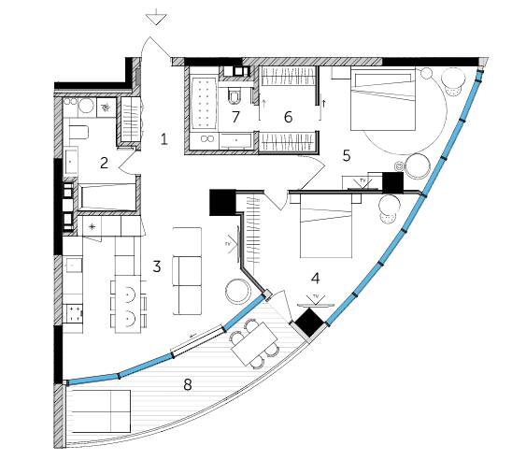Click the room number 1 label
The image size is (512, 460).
pyautogui.click(x=164, y=139)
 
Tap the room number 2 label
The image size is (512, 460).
pyautogui.click(x=104, y=163)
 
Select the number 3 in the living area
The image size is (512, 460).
pyautogui.click(x=157, y=266)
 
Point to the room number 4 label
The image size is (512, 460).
pyautogui.click(x=316, y=278)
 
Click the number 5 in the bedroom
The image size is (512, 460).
pyautogui.click(x=347, y=155)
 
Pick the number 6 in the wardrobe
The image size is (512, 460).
pyautogui.click(x=288, y=117)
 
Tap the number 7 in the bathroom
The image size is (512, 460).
pyautogui.click(x=235, y=117)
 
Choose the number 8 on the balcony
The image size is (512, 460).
pyautogui.click(x=188, y=384)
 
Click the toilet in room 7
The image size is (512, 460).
pyautogui.click(x=235, y=95)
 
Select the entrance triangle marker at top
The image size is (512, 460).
pyautogui.click(x=158, y=20)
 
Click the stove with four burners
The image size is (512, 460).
pyautogui.click(x=74, y=313)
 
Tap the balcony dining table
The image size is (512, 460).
pyautogui.click(x=256, y=344)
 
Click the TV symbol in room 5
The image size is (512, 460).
pyautogui.click(x=363, y=184)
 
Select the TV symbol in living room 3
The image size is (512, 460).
pyautogui.click(x=234, y=244)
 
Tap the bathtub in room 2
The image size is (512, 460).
pyautogui.click(x=107, y=197)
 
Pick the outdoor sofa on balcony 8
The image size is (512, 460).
pyautogui.click(x=101, y=411)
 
